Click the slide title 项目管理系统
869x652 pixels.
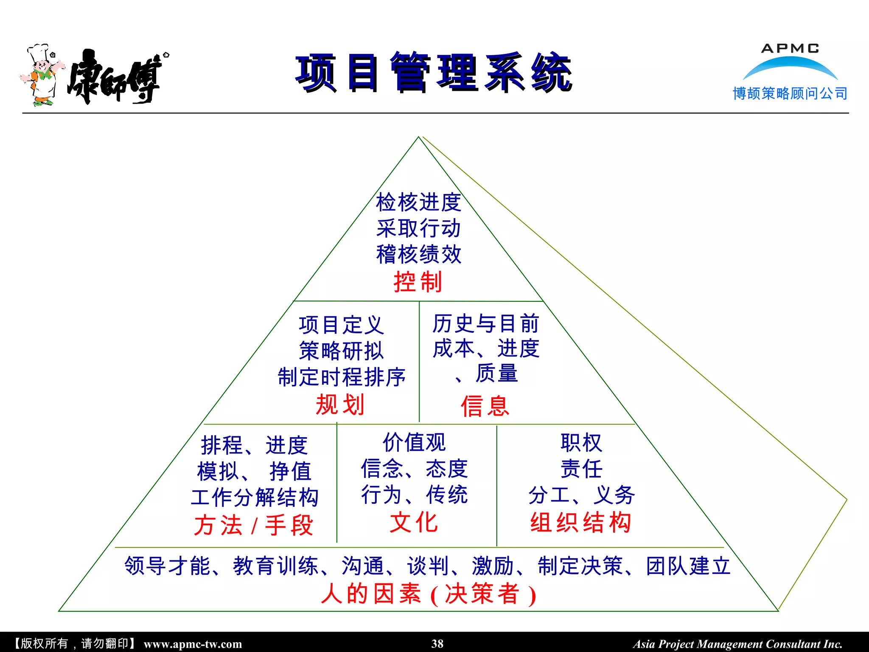point(434,73)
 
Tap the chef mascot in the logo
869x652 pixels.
point(42,76)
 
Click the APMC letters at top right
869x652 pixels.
point(790,48)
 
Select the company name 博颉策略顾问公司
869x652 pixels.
point(790,93)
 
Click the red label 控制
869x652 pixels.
point(418,282)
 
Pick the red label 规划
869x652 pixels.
point(340,405)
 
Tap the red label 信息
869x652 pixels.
point(485,406)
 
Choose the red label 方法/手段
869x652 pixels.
point(254,525)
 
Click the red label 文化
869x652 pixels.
point(414,522)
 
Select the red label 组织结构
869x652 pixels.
point(581,522)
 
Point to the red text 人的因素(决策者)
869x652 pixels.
point(429,593)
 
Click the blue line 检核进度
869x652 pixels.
point(418,202)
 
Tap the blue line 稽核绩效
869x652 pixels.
point(418,255)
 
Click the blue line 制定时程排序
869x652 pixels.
point(342,377)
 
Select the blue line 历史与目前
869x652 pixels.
point(486,324)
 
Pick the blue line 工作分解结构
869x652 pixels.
point(255,497)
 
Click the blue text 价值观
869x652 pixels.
point(414,443)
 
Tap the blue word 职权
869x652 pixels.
point(581,443)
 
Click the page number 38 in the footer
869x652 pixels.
point(437,644)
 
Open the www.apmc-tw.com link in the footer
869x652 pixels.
point(193,644)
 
